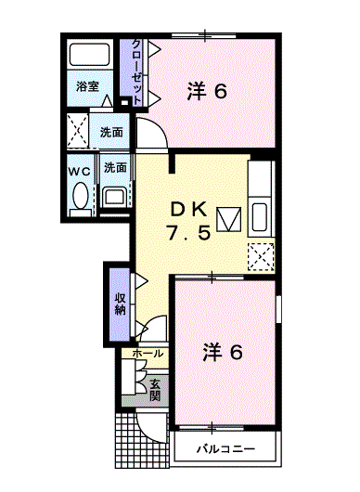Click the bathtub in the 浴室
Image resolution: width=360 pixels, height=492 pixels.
pyautogui.click(x=89, y=55)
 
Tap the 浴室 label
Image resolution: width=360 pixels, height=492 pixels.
pyautogui.click(x=87, y=86)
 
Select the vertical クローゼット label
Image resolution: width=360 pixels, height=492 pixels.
pyautogui.click(x=136, y=71)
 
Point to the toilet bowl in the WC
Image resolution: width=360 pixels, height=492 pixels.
pyautogui.click(x=81, y=195)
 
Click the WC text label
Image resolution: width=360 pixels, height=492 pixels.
pyautogui.click(x=80, y=172)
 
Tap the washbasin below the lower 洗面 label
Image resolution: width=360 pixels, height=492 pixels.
pyautogui.click(x=113, y=197)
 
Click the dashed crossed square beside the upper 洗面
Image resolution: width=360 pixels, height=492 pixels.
pyautogui.click(x=78, y=131)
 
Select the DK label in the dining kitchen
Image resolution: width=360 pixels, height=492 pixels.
pyautogui.click(x=188, y=210)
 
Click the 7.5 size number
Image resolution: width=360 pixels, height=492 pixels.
pyautogui.click(x=188, y=233)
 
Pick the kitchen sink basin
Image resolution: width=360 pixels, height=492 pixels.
pyautogui.click(x=260, y=217)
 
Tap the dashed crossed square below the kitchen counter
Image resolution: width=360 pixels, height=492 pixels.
pyautogui.click(x=262, y=256)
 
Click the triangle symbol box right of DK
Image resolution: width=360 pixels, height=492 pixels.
pyautogui.click(x=229, y=219)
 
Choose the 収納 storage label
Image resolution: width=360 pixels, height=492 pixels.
pyautogui.click(x=120, y=304)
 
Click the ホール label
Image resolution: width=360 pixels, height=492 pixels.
pyautogui.click(x=148, y=354)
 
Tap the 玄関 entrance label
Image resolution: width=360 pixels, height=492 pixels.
pyautogui.click(x=155, y=390)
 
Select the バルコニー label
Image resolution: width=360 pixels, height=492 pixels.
pyautogui.click(x=225, y=449)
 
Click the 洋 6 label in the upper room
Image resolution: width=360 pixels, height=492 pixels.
pyautogui.click(x=207, y=91)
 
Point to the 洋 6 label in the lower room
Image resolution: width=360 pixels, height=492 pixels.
pyautogui.click(x=223, y=352)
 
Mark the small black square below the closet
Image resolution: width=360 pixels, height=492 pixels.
pyautogui.click(x=125, y=102)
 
